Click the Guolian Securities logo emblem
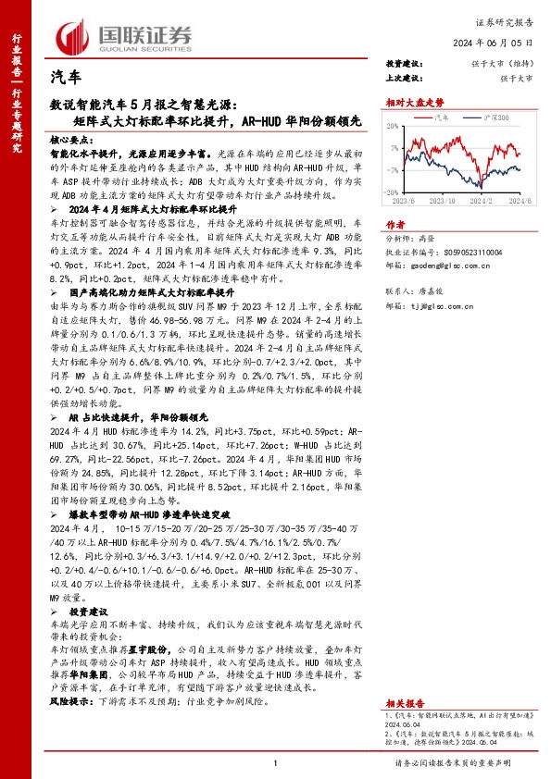(73, 34)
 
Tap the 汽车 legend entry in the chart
(441, 117)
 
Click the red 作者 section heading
(395, 224)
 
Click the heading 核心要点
(74, 135)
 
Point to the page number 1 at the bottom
(276, 762)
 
